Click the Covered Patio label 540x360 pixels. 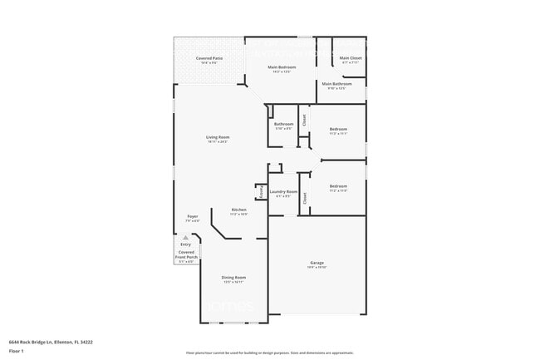pos(209,58)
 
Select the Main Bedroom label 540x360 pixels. pos(281,67)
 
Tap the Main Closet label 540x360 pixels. pos(350,58)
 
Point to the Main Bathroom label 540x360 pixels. pos(336,83)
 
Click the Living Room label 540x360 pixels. pos(218,137)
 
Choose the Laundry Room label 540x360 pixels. pos(283,191)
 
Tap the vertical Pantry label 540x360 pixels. pos(260,191)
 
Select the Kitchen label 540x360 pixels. pos(238,210)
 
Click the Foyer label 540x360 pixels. pos(192,216)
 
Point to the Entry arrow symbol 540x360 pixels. pos(185,237)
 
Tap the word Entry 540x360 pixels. pos(185,244)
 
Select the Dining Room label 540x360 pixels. pos(233,277)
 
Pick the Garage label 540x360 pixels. pos(317,262)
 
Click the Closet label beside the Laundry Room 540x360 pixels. pos(305,198)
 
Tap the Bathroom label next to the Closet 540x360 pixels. pos(283,124)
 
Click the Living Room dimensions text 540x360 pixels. pos(218,142)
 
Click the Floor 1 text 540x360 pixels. pos(17,351)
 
